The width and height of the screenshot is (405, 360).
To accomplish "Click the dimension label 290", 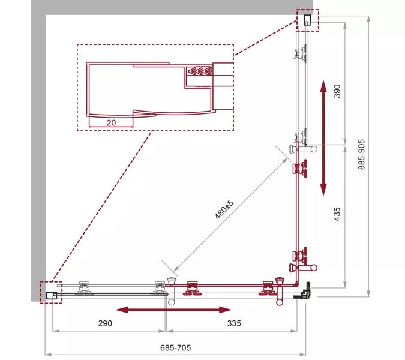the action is (105, 323).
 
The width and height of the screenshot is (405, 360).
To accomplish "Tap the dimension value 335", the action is (234, 323).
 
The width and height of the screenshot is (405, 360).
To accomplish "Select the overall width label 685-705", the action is (175, 347).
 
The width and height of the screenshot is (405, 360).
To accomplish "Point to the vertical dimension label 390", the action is (337, 91).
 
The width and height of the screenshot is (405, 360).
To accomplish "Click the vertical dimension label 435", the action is (337, 214).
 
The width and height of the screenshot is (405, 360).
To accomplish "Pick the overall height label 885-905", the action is (362, 154).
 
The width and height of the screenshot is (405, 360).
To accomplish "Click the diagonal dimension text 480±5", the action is (224, 209).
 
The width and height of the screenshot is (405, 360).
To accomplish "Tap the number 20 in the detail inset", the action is (112, 122).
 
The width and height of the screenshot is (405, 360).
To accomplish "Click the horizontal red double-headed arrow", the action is (173, 310).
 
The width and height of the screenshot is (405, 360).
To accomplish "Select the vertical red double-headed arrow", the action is (323, 138).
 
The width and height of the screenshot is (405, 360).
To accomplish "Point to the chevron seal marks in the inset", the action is (199, 71).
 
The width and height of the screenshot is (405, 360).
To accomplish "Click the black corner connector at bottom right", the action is (303, 291).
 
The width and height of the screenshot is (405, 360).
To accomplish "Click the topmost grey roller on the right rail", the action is (301, 53).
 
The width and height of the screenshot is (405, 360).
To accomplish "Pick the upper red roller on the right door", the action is (301, 169).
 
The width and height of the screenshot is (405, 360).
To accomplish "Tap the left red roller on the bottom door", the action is (192, 289).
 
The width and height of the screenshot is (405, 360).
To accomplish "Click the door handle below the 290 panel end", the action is (171, 292).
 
